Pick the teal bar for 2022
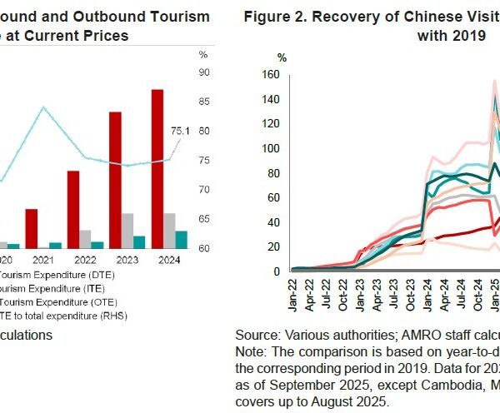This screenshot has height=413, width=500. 97,245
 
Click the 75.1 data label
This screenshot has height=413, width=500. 182,130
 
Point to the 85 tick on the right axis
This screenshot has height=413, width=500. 202,102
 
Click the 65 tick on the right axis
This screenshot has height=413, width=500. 202,219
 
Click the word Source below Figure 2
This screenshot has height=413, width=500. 257,334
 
